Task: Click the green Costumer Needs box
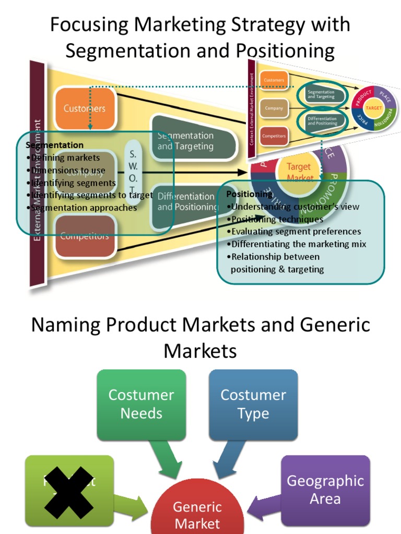pos(141,404)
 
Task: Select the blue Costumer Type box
pos(253,404)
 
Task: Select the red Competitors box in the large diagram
pos(85,236)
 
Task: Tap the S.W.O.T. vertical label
pos(133,172)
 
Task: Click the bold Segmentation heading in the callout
pos(55,145)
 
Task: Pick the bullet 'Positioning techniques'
pos(277,219)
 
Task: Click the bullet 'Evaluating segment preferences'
pos(296,232)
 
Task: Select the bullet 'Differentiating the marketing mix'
pos(298,244)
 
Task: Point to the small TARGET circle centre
pos(374,108)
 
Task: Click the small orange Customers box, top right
pos(274,80)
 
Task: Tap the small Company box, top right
pos(274,108)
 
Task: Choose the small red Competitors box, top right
pos(274,136)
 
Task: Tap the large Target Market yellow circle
pos(299,170)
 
